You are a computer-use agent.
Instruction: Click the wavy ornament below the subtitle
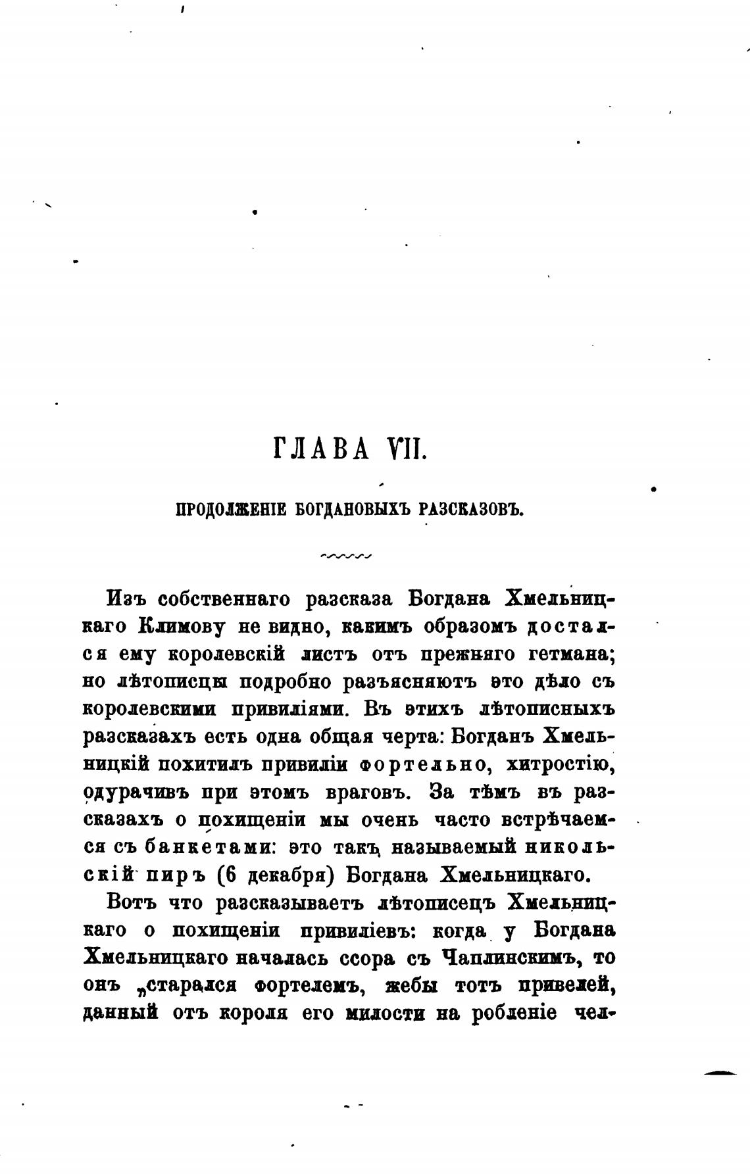pos(346,556)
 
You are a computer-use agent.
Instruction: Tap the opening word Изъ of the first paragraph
pos(126,599)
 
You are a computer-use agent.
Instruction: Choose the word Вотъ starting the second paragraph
pos(130,903)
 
